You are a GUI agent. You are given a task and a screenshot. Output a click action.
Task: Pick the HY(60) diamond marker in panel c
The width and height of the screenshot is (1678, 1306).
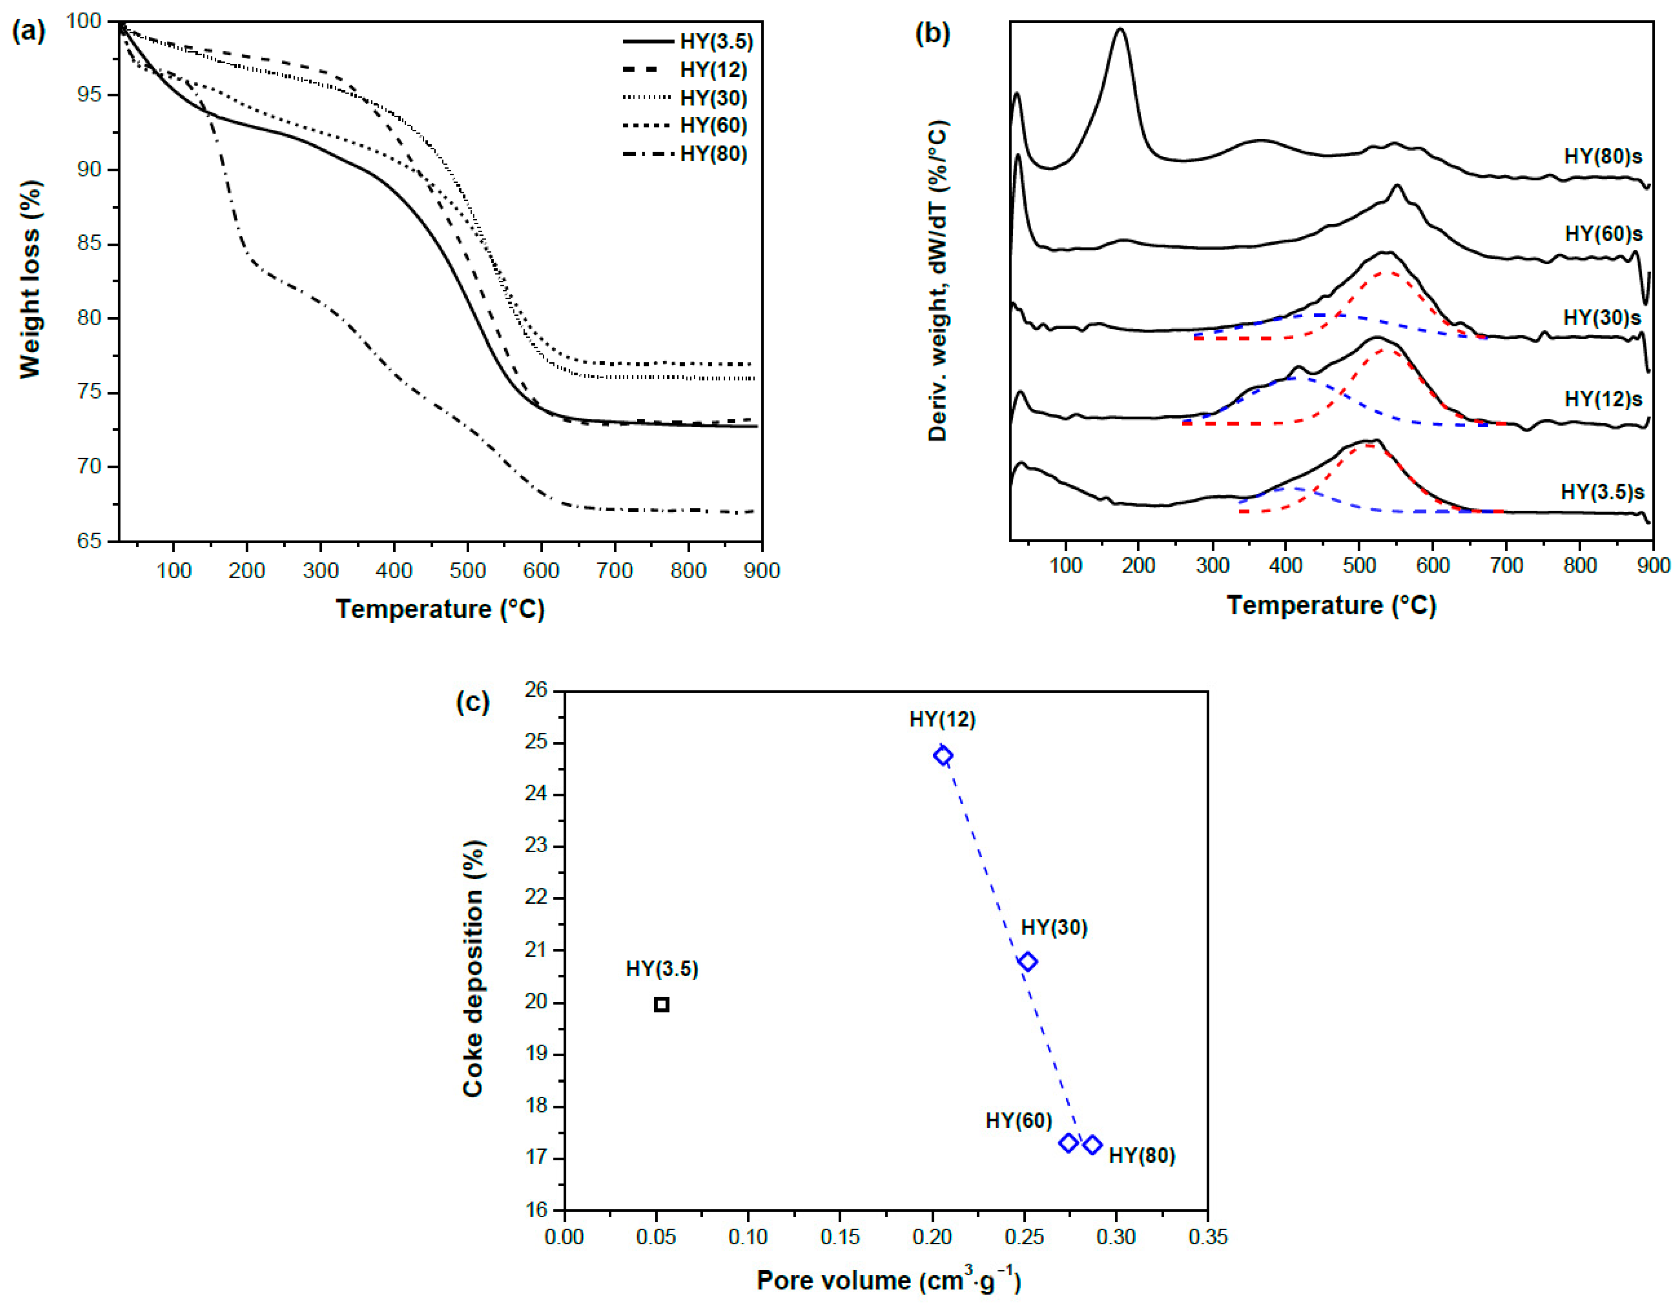(1068, 1143)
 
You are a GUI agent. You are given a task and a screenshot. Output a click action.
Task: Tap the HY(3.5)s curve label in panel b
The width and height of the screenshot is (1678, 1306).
(1602, 492)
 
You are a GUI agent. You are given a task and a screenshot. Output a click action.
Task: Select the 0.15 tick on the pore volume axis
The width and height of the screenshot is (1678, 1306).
(840, 1237)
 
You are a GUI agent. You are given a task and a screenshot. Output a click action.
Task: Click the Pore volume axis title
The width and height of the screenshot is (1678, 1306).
(888, 1280)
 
